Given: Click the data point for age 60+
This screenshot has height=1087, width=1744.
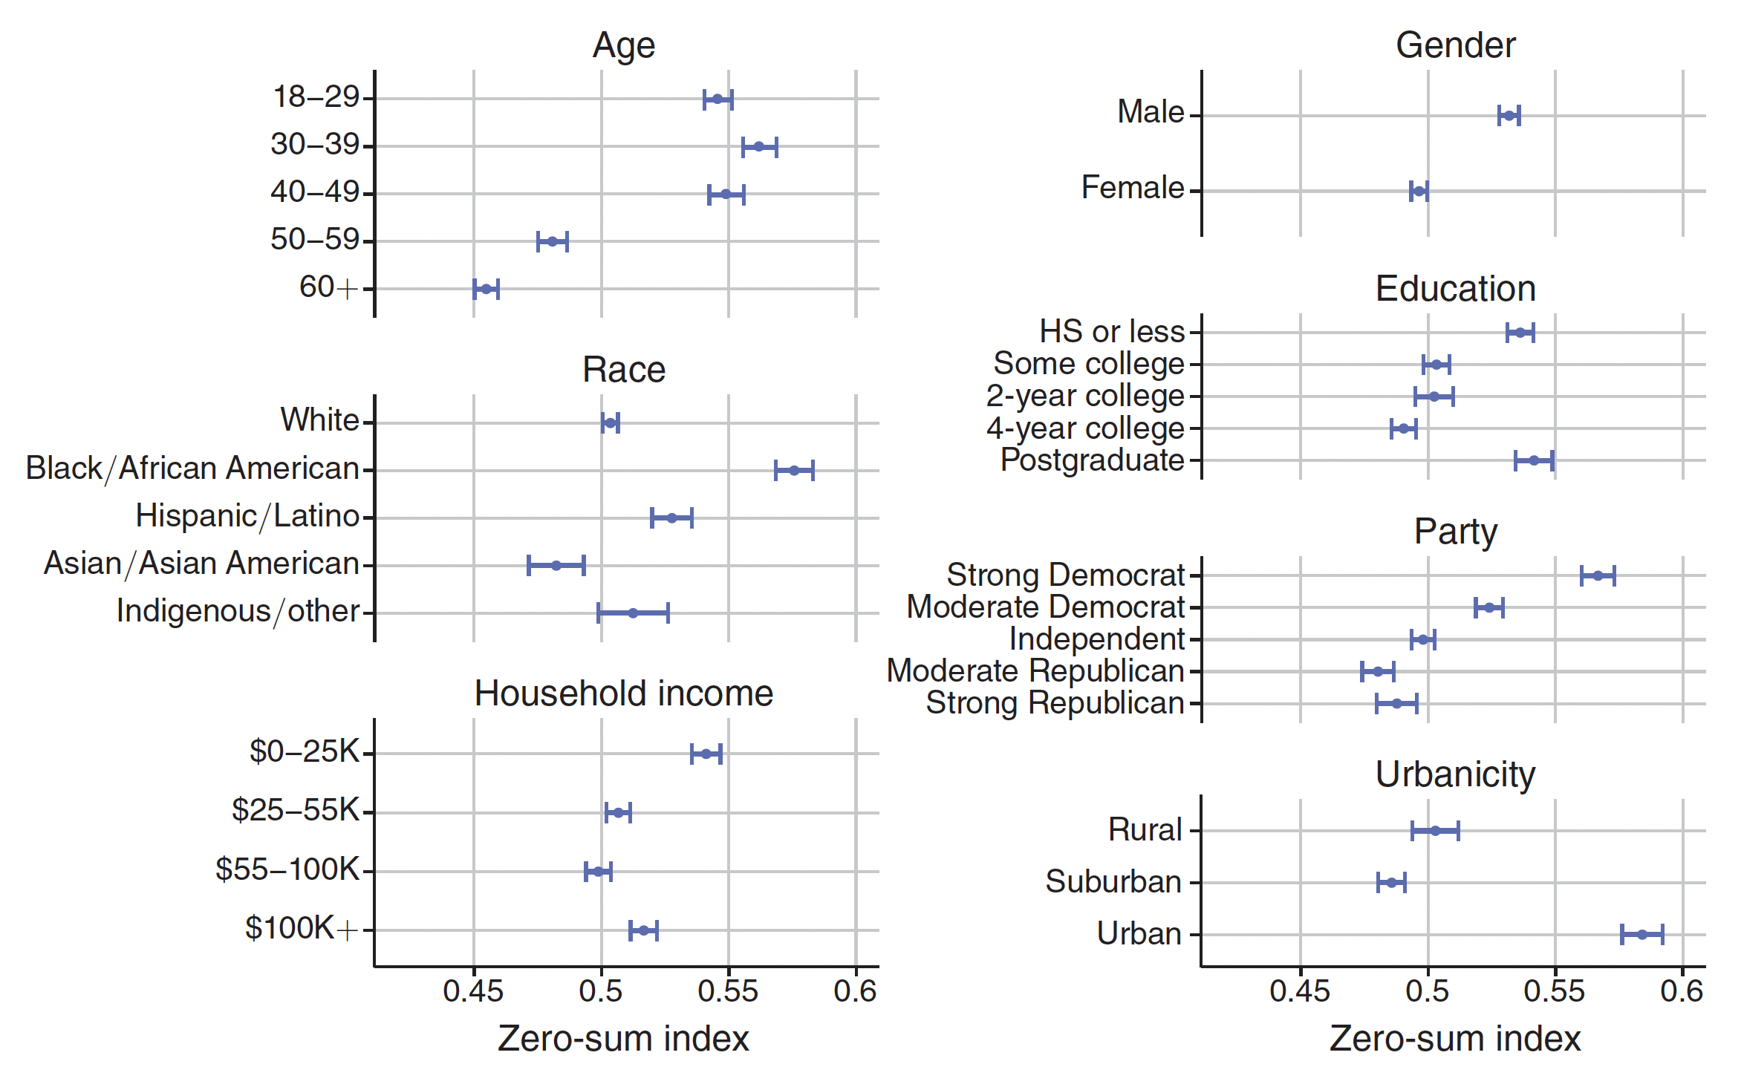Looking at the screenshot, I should coord(487,289).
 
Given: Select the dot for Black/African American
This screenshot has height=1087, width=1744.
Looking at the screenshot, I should coord(794,470).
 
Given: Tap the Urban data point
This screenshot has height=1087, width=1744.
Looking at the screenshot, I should coord(1642,934).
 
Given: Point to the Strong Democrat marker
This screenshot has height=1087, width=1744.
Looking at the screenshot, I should coord(1598,575).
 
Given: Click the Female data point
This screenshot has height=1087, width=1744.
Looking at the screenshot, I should coord(1419,192).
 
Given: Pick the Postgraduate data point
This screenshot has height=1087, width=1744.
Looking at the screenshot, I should coord(1534,460).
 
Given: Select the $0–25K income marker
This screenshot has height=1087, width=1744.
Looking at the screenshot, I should coord(706,754).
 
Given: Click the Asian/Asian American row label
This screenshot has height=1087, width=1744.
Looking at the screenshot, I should coord(201,564).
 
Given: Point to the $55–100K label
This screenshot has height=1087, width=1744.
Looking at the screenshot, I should coord(287,869).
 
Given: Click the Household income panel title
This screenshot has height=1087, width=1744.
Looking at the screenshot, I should coord(624,693).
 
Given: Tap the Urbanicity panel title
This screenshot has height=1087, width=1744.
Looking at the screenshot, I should coord(1454,774).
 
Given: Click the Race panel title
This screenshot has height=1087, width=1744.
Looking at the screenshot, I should coord(624,370).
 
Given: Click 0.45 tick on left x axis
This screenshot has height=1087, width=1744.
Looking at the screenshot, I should coord(473,991).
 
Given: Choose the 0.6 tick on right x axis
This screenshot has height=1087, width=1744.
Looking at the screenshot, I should coord(1682,991).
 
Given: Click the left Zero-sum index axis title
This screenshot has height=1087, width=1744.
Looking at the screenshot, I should coord(623,1039).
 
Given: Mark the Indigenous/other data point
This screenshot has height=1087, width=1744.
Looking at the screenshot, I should coord(633,613).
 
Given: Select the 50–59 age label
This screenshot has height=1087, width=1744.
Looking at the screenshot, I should coord(315,240).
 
